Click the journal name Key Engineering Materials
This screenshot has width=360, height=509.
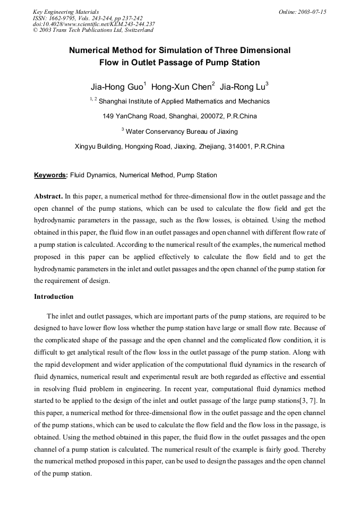tap(66, 12)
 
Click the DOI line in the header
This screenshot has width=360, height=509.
tap(93, 24)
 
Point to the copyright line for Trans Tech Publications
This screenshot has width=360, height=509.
tap(93, 30)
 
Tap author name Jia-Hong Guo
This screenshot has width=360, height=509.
tap(113, 85)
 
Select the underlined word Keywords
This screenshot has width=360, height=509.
tap(50, 175)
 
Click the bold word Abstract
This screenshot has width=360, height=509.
tap(48, 196)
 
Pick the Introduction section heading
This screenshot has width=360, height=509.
tap(54, 296)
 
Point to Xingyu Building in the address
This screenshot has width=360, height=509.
tap(99, 146)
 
